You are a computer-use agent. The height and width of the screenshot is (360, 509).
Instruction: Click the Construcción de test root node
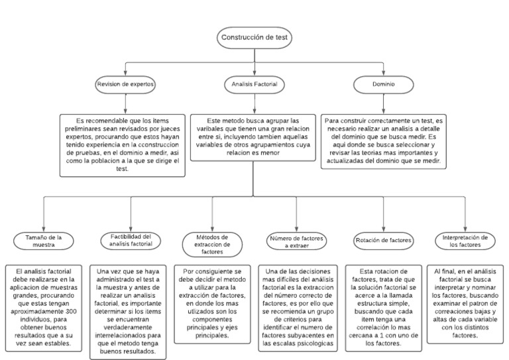254,37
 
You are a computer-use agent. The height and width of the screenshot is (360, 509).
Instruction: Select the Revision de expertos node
125,84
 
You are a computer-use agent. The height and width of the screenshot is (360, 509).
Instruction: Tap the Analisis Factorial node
254,84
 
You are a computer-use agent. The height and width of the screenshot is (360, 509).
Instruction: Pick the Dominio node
383,84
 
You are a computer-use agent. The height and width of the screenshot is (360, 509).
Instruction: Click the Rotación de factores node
384,240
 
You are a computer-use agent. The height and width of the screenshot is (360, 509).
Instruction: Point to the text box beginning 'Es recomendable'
121,145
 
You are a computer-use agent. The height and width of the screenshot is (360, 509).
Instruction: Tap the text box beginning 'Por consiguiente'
213,303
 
